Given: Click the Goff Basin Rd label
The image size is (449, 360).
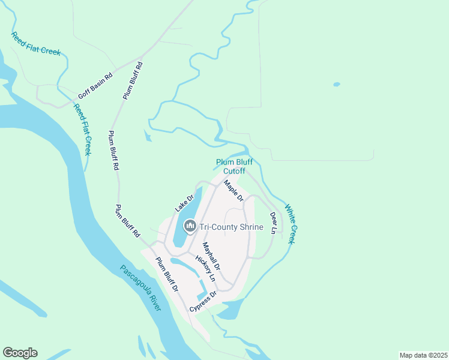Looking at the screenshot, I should point(95,87).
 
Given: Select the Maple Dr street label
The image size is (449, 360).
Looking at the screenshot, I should point(234,191).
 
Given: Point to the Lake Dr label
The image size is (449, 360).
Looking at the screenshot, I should point(185,203).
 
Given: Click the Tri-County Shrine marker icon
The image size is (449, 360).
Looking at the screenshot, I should point(190,226).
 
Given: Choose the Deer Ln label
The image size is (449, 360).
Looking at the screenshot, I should point(274,223).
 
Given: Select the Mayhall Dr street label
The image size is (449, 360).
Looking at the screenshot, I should point(211,255).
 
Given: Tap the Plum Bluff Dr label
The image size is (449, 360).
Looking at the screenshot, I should point(167,274).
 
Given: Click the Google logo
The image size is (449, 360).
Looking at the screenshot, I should point(20,353).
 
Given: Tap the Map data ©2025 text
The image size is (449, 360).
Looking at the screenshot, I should point(423,355).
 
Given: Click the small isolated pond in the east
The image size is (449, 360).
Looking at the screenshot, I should point(336,84).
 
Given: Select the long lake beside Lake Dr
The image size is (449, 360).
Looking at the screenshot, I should point(185,219).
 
